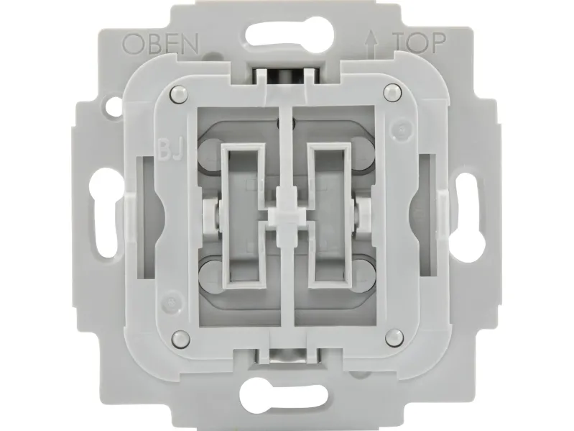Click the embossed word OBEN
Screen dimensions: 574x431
coord(160,44)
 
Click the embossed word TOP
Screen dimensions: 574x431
coord(420,42)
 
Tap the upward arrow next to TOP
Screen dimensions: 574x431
coord(371,43)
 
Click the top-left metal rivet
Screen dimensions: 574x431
coord(179,94)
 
